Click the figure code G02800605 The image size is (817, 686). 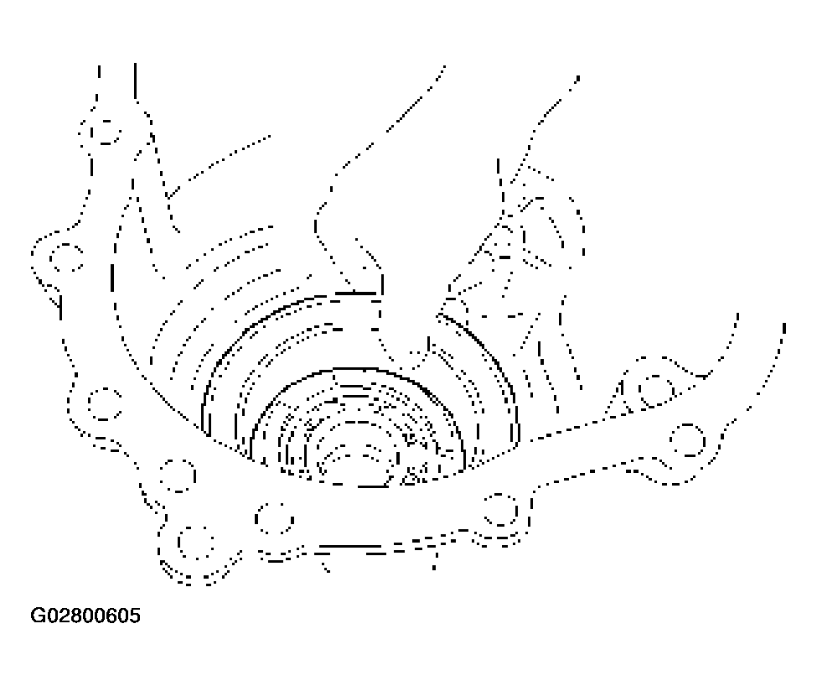(x=85, y=616)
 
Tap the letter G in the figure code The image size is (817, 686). (x=38, y=616)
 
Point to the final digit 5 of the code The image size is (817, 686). (x=135, y=616)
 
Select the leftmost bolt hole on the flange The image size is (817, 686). (x=66, y=257)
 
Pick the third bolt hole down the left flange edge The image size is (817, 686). (x=104, y=404)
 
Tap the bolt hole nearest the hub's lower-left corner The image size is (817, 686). (x=178, y=476)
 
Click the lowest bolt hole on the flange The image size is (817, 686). (x=195, y=542)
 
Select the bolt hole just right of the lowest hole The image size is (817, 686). (x=275, y=518)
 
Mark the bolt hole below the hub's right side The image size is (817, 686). (x=500, y=509)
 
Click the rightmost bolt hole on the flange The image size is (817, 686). (x=688, y=440)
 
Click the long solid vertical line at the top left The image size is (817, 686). (x=135, y=81)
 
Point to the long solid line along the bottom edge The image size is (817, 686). (x=350, y=547)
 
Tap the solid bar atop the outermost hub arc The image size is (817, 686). (x=356, y=294)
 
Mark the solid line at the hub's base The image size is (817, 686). (x=373, y=486)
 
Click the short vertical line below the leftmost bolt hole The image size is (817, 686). (x=60, y=308)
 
